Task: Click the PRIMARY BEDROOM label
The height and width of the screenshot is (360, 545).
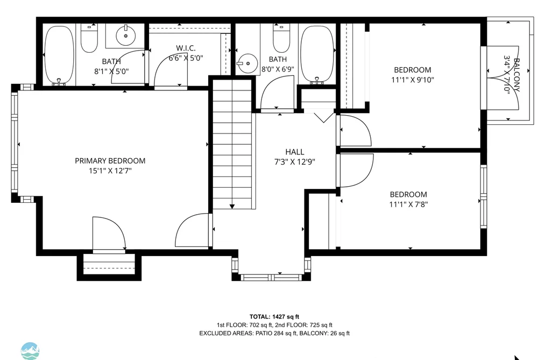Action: tap(110, 161)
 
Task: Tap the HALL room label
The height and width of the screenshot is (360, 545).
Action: tap(295, 152)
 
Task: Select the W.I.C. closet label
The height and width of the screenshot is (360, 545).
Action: tap(186, 48)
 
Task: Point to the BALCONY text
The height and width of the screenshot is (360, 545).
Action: tap(516, 75)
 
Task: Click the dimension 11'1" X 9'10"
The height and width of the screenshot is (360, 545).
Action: tap(413, 80)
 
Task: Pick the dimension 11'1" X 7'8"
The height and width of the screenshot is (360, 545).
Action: tap(408, 204)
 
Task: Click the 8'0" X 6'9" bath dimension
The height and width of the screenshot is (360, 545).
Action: tap(278, 69)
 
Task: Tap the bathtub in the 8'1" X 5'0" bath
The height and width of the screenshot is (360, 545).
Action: tap(59, 55)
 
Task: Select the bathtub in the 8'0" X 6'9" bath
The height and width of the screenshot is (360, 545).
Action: tap(317, 54)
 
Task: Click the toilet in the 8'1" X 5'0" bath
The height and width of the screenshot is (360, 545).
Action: tap(89, 38)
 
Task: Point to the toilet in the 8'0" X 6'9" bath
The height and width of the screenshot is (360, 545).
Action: tap(281, 38)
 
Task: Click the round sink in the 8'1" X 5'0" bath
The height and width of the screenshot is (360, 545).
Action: tap(125, 35)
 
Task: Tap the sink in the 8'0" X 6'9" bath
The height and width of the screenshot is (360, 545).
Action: tap(247, 63)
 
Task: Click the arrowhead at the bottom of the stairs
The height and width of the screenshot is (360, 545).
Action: tap(232, 207)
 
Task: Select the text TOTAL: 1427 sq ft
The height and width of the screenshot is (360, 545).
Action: tap(274, 316)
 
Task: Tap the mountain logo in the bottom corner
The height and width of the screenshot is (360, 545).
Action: tap(30, 351)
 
